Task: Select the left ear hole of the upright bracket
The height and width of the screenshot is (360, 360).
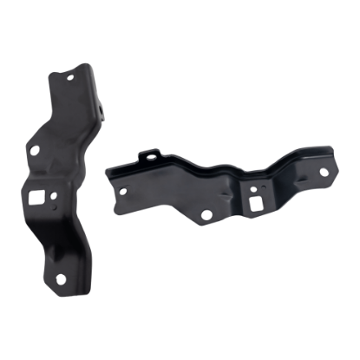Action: tap(35, 147)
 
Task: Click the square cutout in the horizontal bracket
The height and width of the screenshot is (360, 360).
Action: tap(258, 200)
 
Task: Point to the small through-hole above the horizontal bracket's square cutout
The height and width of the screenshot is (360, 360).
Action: tap(252, 186)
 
